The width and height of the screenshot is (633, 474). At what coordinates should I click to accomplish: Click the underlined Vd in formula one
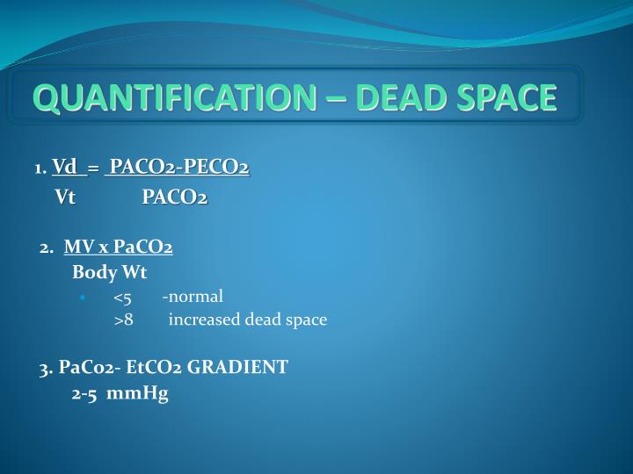point(64,167)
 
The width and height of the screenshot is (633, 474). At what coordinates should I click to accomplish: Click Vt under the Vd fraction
point(65,197)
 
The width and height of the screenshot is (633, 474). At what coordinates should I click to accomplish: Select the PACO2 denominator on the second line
point(175,197)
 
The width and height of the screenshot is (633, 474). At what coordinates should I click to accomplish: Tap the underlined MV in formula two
point(75,248)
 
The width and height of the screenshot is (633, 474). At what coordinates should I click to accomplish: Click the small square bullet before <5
point(82,297)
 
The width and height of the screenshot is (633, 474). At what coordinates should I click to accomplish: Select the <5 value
point(122,296)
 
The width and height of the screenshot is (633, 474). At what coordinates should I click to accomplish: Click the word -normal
point(199,296)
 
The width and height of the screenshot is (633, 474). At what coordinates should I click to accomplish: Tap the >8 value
point(123,320)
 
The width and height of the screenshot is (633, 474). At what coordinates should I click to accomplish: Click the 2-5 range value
point(84,394)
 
